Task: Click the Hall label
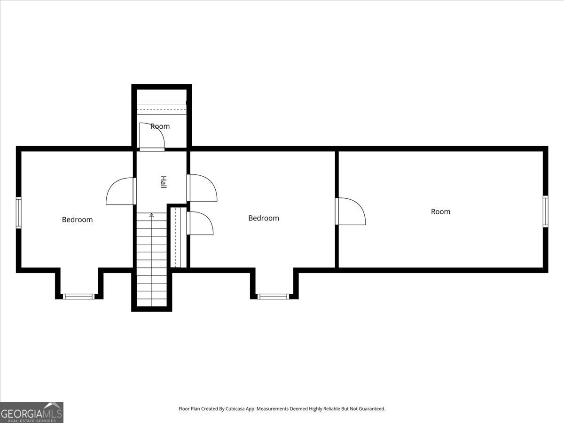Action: (164, 182)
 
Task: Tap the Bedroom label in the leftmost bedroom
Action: (77, 219)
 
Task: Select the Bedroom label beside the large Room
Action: (263, 218)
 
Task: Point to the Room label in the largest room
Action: (440, 211)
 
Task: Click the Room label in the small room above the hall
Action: (160, 126)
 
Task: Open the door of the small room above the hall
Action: (151, 136)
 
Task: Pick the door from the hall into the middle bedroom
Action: (202, 188)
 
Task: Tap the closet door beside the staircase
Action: (200, 223)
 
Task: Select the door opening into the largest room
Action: (350, 211)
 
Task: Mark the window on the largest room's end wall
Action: (545, 211)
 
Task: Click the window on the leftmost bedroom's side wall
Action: (19, 212)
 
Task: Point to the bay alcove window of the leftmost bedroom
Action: (79, 297)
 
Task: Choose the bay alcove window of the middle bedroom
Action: (274, 297)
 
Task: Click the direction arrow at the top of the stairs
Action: (151, 215)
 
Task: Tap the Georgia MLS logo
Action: (31, 412)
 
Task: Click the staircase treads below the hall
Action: (151, 263)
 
